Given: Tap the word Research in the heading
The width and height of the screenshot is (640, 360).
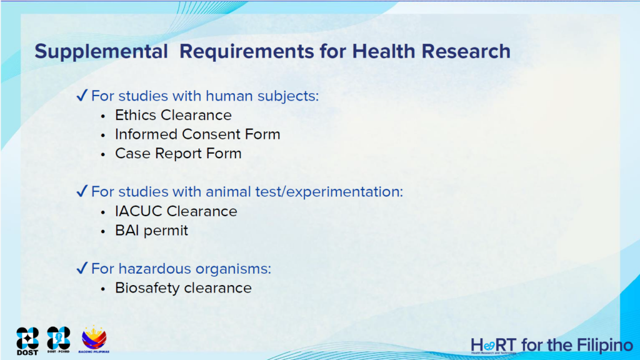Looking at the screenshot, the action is click(466, 51).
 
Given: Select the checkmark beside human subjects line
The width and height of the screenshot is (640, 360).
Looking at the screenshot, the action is click(82, 96).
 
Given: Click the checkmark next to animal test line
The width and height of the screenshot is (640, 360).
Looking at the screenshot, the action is click(82, 191).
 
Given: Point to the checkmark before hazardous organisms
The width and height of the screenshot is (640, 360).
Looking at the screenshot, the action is click(82, 268).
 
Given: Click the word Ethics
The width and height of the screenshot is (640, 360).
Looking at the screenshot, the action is click(136, 115).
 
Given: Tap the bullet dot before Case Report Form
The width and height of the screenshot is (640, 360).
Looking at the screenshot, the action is click(103, 155).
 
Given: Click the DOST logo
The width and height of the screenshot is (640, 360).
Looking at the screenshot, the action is click(27, 341).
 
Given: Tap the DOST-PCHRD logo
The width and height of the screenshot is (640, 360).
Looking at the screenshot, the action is click(58, 339).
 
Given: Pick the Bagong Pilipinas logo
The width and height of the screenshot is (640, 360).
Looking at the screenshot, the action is click(94, 339).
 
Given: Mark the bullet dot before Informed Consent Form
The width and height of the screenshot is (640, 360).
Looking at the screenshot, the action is click(103, 136).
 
